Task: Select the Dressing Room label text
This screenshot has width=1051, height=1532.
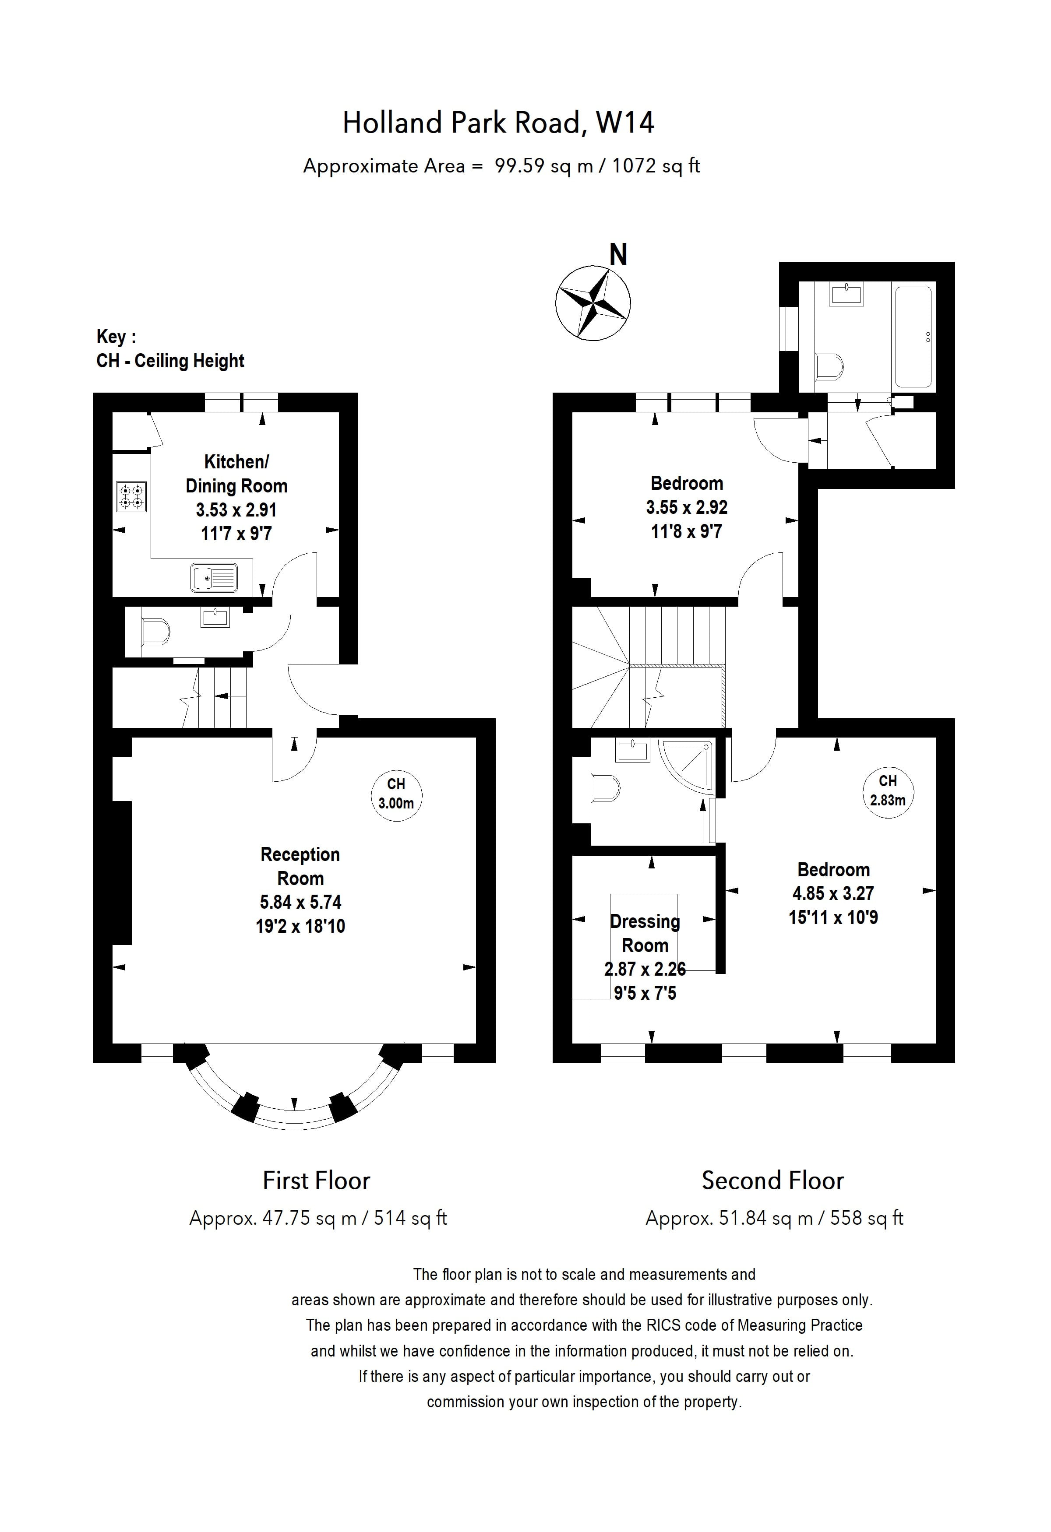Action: point(645,934)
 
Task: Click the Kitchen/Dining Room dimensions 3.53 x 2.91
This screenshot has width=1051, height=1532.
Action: point(236,509)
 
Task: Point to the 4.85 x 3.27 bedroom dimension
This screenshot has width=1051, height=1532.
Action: point(833,893)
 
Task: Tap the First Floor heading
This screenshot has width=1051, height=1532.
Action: point(317,1180)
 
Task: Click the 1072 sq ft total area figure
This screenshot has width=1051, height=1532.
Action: point(656,165)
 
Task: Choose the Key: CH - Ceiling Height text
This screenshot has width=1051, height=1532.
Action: point(170,349)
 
